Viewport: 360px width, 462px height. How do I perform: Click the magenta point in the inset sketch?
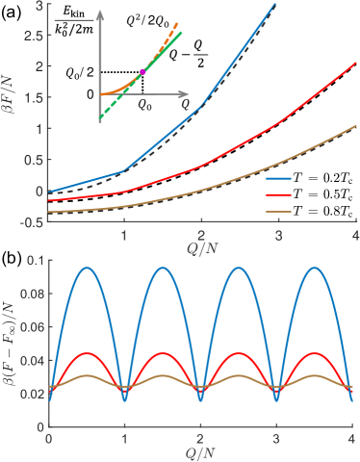142,71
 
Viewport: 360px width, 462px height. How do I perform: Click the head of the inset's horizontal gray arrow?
185,94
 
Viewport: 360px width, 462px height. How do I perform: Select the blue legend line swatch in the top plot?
278,179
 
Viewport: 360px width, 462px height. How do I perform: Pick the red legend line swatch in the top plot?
278,194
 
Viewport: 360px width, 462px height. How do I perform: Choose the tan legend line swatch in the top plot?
278,210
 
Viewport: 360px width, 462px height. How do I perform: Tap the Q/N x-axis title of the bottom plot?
201,452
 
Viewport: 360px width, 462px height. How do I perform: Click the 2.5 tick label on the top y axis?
34,36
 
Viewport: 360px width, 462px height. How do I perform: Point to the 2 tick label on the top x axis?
201,235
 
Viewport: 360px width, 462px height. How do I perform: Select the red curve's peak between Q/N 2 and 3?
240,353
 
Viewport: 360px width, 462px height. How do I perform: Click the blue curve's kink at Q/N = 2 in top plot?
201,106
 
